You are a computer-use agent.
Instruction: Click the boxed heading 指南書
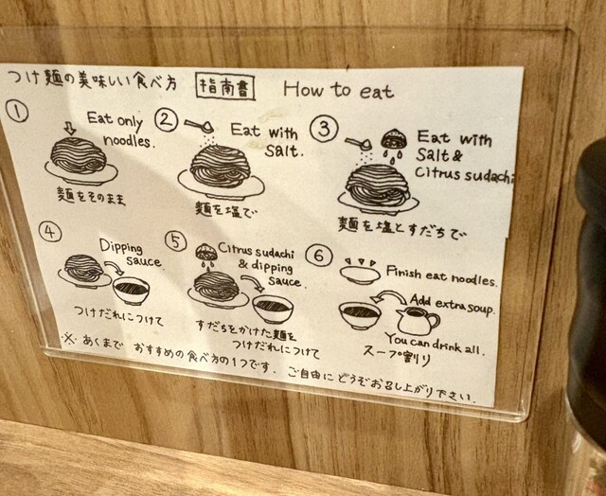pos(225,87)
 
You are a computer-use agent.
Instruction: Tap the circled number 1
pos(17,112)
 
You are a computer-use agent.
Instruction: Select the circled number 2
pos(167,120)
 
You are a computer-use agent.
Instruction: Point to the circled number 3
pos(324,129)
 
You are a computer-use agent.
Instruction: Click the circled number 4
pos(50,232)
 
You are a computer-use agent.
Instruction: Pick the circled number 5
pos(176,241)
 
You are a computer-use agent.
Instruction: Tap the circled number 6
pos(319,256)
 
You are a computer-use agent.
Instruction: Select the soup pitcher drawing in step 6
pos(418,320)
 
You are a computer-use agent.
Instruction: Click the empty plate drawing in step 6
pos(360,275)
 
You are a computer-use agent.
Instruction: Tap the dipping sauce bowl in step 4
pos(131,291)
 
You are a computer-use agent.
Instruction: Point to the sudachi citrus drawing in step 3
pos(394,139)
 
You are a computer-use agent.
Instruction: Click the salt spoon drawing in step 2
pos(199,126)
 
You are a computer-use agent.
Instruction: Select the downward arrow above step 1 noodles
pos(69,129)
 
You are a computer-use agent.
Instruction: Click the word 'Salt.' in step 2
pos(284,151)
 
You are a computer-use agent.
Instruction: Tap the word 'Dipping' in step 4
pos(121,247)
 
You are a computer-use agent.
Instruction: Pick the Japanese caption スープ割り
pos(397,356)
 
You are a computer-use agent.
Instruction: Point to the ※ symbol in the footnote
pos(70,339)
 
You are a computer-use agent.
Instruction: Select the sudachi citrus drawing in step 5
pos(205,252)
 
